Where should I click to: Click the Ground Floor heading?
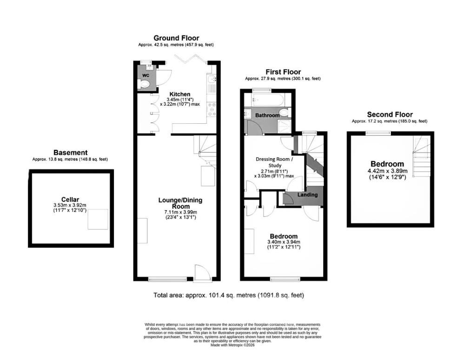176,38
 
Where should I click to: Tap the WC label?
145,75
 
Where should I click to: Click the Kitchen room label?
180,94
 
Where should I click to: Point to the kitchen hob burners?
212,109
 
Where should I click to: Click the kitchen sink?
212,79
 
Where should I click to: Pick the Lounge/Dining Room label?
180,203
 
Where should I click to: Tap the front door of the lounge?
203,273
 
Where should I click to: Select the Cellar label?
70,200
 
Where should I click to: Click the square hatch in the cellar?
98,220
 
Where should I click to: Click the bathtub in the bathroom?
268,100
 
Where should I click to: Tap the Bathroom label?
267,115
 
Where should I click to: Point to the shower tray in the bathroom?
283,125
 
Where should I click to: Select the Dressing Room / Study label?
274,162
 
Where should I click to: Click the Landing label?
307,195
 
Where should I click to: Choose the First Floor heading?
283,72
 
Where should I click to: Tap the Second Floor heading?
390,114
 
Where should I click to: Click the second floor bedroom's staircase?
421,156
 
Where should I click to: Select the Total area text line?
229,295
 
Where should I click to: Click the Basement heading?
71,153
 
